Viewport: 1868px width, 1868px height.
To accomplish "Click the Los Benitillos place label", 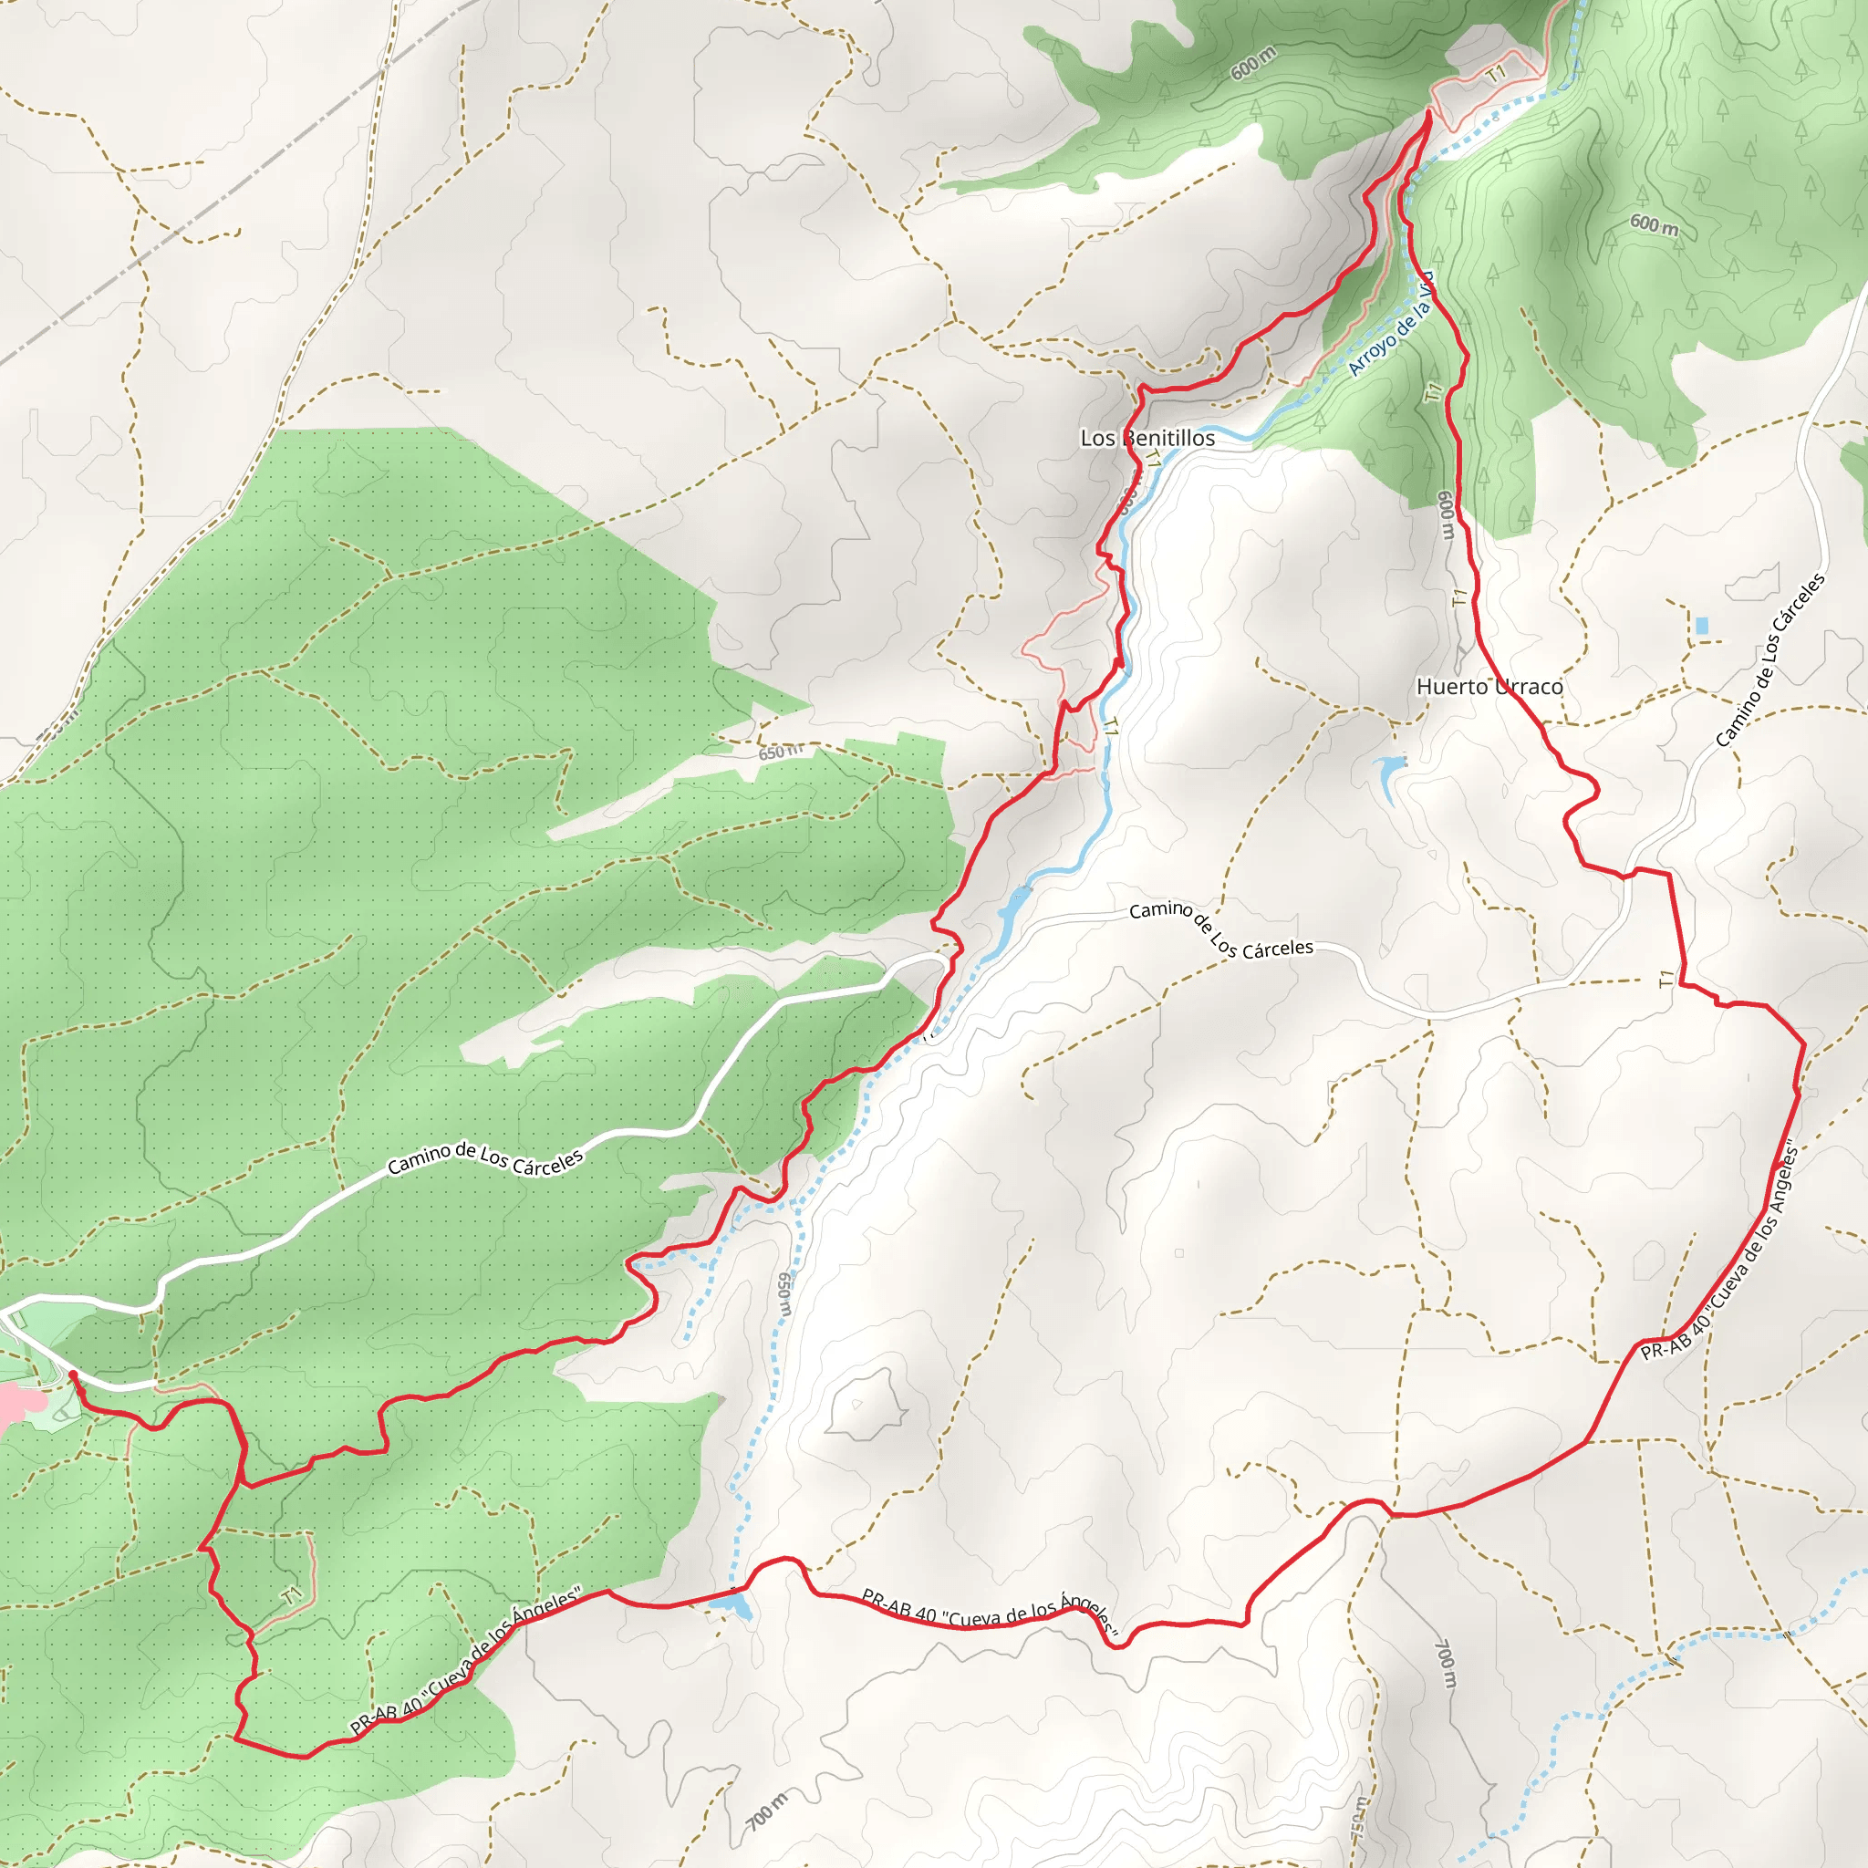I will [x=1147, y=438].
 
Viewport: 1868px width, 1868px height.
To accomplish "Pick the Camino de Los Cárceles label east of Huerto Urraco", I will [x=1770, y=660].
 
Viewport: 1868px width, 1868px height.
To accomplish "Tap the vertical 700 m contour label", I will [x=1445, y=1663].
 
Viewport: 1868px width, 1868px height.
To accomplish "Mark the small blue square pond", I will [x=1702, y=626].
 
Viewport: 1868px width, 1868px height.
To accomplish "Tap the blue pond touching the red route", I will [x=732, y=1606].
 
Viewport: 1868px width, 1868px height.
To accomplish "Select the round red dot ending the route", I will [x=73, y=1374].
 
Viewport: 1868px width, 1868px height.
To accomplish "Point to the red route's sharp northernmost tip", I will [x=1429, y=115].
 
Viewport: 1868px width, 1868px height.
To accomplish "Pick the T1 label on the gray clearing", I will [x=1497, y=74].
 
